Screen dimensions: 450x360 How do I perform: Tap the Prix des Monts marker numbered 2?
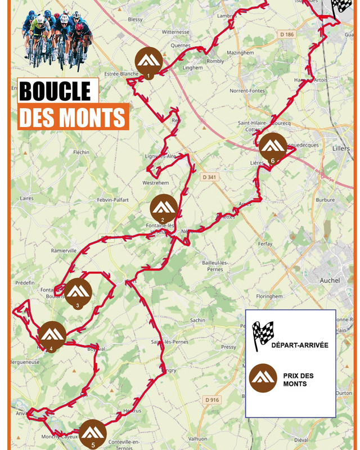click(164, 209)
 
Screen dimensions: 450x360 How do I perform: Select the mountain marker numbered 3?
click(78, 292)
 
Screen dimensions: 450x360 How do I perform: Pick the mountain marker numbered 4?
click(52, 335)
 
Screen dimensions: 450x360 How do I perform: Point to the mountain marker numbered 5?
click(93, 433)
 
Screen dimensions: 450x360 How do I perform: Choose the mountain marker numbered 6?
click(273, 147)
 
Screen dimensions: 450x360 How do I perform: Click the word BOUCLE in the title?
click(55, 91)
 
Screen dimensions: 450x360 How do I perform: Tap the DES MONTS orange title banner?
click(73, 117)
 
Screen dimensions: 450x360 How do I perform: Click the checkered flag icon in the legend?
click(262, 336)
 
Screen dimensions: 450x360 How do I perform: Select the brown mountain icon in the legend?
click(263, 377)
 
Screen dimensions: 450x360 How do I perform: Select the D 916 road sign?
click(212, 399)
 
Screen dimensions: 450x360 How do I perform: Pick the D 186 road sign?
click(287, 35)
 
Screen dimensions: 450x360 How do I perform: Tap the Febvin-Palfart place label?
click(113, 200)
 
